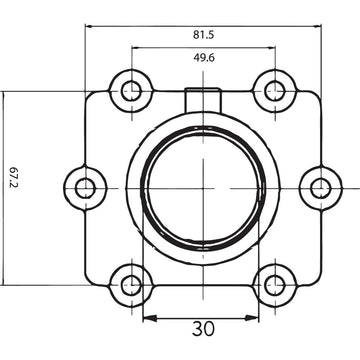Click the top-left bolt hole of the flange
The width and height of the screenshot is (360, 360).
(130, 91)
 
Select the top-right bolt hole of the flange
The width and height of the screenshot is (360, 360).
(272, 91)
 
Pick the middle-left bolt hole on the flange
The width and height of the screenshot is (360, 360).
(86, 187)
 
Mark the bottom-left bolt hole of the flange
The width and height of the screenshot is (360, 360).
(130, 283)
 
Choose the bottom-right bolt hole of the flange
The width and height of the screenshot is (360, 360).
(272, 283)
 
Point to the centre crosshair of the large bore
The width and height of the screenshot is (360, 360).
(202, 187)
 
